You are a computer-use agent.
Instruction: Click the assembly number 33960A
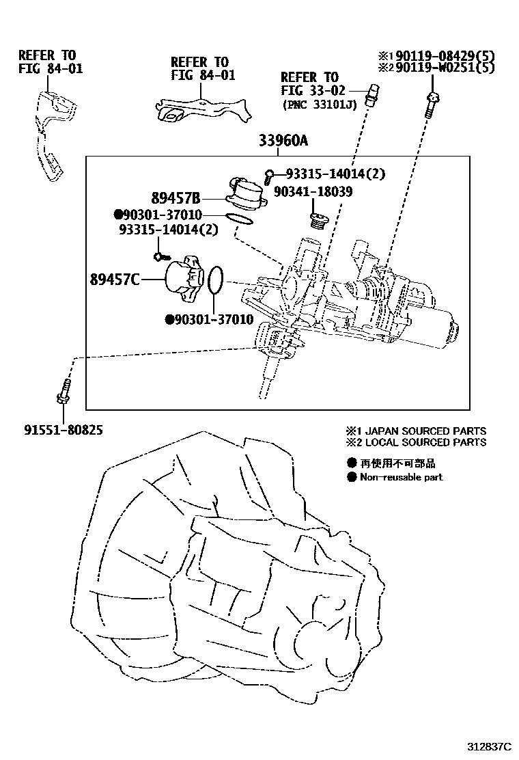(283, 142)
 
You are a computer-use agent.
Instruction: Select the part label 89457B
(176, 199)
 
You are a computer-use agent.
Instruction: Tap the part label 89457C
(114, 279)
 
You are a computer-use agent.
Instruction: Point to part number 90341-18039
(313, 193)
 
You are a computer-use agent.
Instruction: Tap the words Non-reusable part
(402, 477)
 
